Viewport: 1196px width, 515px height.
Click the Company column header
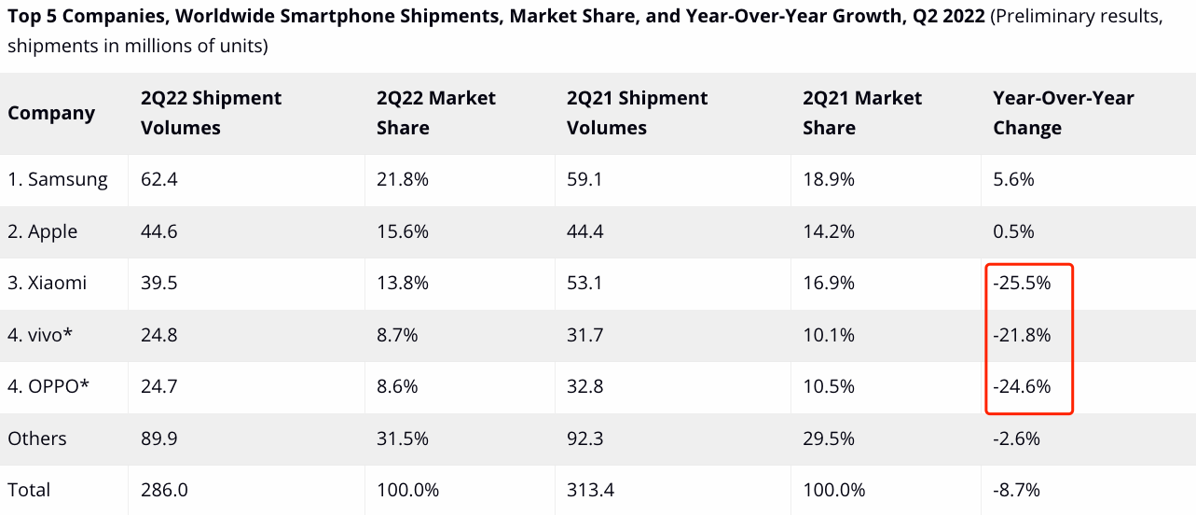51,113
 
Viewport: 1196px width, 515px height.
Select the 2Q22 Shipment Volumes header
211,113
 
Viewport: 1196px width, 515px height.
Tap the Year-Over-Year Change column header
1063,113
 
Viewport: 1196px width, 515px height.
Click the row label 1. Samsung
58,179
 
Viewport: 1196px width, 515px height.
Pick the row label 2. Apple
42,232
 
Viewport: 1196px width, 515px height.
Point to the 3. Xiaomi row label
47,283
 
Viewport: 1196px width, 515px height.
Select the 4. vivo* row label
39,335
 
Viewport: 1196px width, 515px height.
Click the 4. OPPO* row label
48,386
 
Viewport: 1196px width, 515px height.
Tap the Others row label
37,438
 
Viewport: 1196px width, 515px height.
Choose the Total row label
29,490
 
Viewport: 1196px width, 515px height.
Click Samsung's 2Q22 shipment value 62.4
159,179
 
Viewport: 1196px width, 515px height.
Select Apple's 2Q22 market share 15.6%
403,231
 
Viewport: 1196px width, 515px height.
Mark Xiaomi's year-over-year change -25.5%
1022,283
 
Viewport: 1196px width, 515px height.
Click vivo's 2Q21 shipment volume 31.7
584,335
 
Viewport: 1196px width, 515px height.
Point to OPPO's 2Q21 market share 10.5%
829,386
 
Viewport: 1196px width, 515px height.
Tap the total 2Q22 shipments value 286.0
164,490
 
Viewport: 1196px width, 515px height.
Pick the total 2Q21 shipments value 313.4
590,490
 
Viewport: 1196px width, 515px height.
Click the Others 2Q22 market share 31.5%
403,438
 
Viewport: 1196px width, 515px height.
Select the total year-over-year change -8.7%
1017,490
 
